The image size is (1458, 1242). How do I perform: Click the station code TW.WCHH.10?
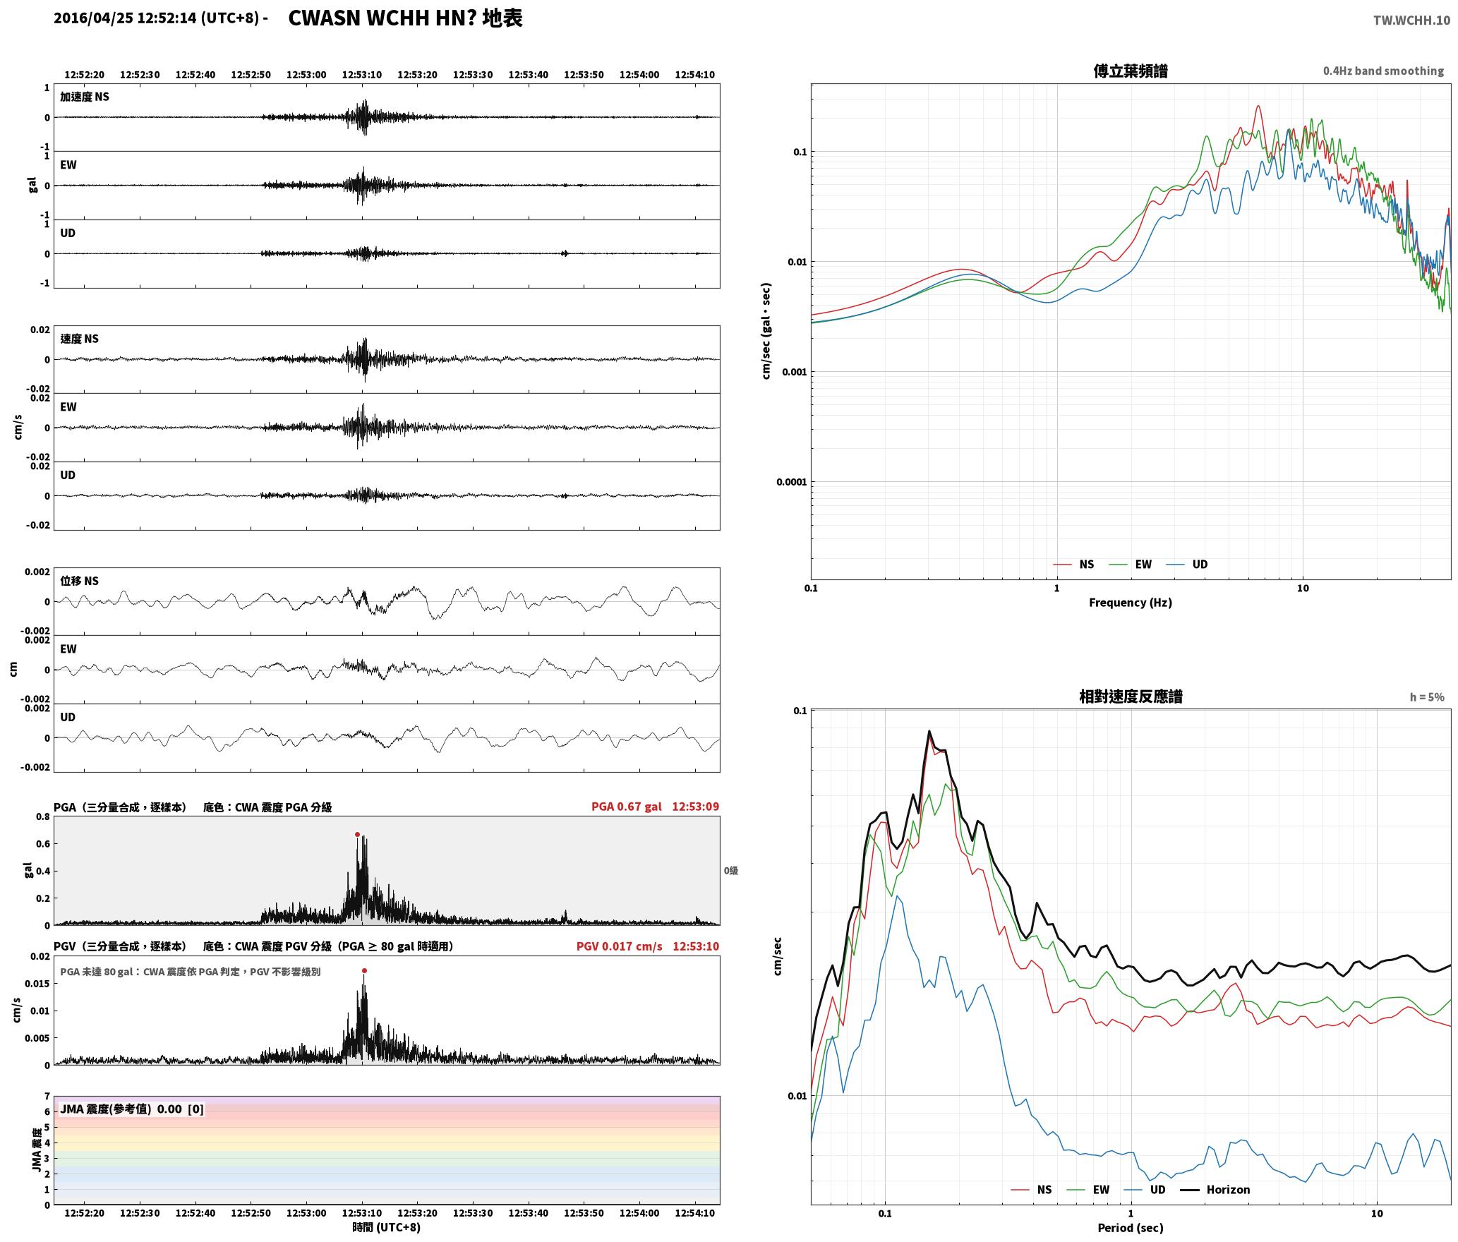(x=1411, y=20)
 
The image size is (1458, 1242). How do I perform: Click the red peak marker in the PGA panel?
(x=357, y=834)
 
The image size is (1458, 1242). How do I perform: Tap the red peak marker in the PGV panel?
(x=364, y=970)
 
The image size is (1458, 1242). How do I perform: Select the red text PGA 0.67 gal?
(x=627, y=807)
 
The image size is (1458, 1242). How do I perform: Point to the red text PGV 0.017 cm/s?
(x=620, y=946)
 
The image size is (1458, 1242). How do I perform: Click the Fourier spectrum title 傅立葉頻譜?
(x=1131, y=71)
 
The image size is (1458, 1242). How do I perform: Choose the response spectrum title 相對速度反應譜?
(x=1131, y=697)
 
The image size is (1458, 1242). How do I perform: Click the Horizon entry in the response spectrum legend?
(x=1228, y=1190)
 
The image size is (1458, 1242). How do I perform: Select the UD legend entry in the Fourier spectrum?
(x=1200, y=565)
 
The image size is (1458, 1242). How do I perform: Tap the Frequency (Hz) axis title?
(x=1131, y=603)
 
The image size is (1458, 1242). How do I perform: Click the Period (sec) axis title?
(x=1131, y=1228)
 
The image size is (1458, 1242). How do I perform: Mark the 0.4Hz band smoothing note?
(x=1383, y=71)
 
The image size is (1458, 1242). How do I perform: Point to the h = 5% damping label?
(x=1427, y=697)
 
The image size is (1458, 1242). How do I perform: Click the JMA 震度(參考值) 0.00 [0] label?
(x=132, y=1109)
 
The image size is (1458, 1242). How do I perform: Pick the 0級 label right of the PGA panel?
(x=731, y=871)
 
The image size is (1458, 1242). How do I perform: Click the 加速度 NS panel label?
(x=85, y=97)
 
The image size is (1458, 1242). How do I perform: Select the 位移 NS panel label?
(x=79, y=581)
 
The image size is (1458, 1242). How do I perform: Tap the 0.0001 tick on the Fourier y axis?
(x=790, y=482)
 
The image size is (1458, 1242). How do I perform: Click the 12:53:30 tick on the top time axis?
(x=473, y=75)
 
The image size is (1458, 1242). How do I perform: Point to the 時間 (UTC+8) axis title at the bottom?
(x=387, y=1227)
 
